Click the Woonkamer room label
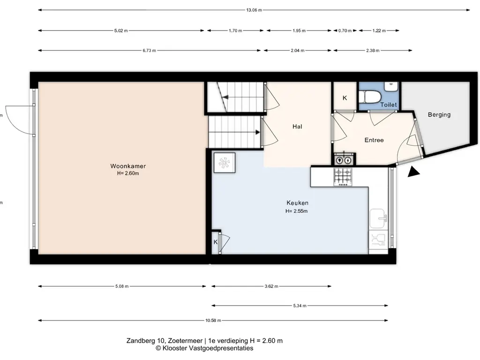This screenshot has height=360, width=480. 128,166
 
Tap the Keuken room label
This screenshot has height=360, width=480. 297,202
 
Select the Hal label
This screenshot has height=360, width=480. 297,127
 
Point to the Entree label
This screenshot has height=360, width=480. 374,140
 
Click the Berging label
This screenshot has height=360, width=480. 439,114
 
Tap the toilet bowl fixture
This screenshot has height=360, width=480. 370,97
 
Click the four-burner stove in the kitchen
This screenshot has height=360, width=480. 343,177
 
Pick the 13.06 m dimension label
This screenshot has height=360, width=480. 254,10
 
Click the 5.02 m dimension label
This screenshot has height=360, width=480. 121,30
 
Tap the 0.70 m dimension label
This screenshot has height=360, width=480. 345,30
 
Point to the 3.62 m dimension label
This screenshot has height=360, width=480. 271,286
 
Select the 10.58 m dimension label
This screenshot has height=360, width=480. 213,321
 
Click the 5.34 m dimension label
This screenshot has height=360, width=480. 300,306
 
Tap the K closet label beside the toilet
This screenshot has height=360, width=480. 345,98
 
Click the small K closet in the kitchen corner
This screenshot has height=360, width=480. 216,242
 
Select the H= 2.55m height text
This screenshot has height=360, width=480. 297,211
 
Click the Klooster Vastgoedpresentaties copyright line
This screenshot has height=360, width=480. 204,348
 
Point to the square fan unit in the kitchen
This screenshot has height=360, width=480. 225,163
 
